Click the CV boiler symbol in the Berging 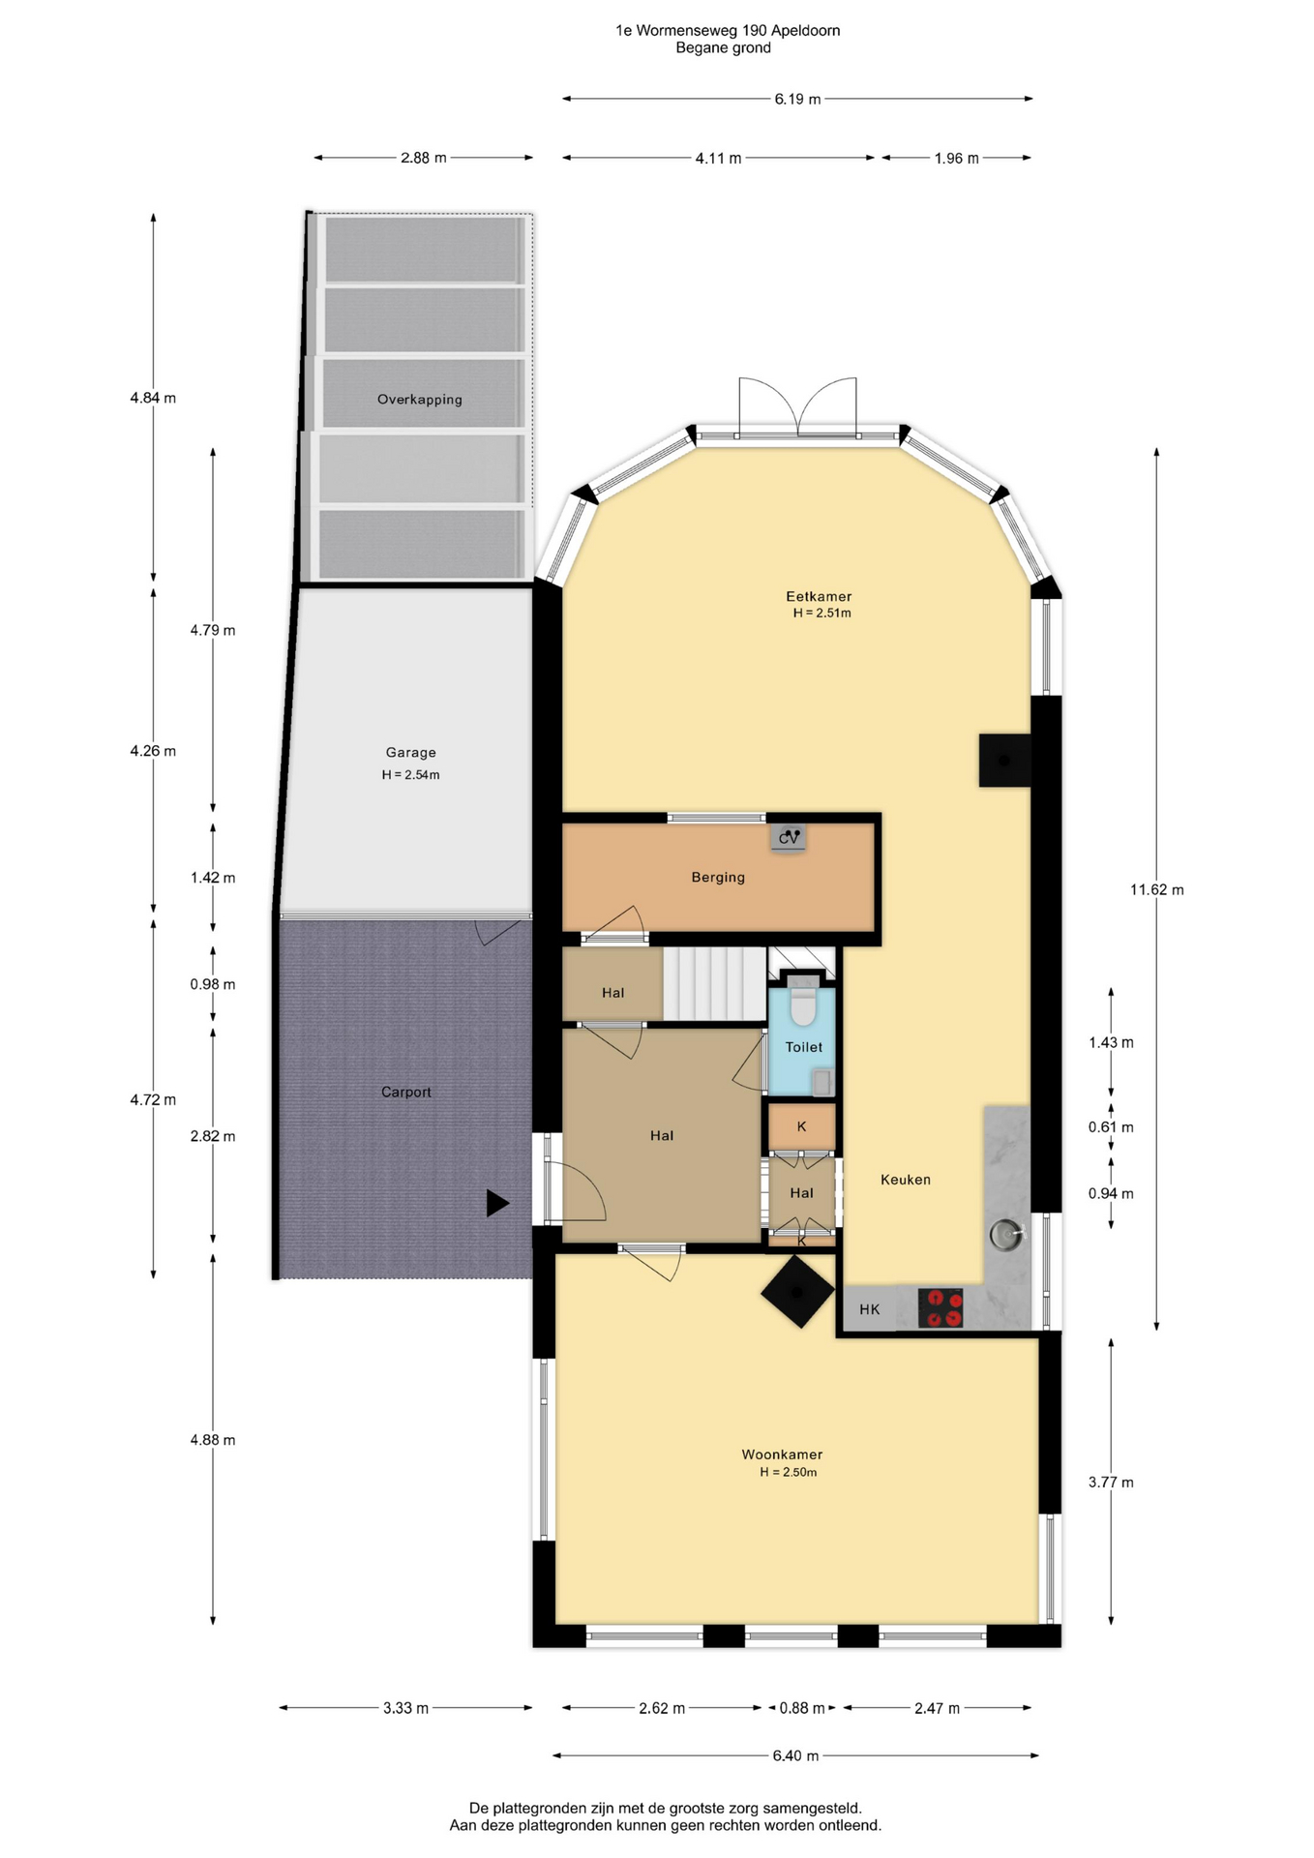coord(789,837)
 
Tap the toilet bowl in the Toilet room coord(802,1003)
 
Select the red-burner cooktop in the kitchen coord(940,1307)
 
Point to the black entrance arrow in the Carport coord(497,1203)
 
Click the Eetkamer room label coord(819,596)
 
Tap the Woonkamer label coord(782,1453)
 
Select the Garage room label coord(410,752)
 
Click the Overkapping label coord(419,399)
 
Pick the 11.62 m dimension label coord(1156,889)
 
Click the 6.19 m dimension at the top coord(797,99)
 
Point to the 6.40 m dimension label coord(795,1755)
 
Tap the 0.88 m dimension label coord(802,1708)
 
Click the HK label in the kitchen coord(869,1309)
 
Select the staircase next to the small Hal coord(715,983)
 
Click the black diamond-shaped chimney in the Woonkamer coord(797,1292)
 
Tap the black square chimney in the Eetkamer coord(1004,760)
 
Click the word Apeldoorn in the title coord(805,31)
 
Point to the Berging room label coord(718,877)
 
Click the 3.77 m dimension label coord(1111,1482)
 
